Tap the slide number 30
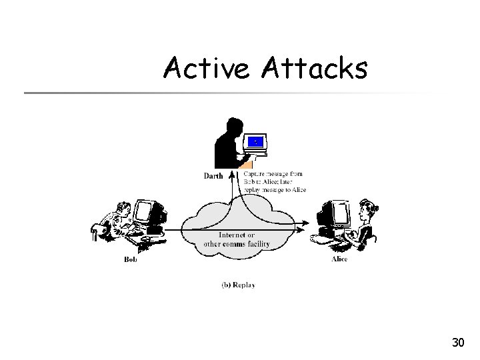point(457,343)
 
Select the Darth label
point(213,177)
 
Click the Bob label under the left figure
point(131,259)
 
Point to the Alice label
point(339,259)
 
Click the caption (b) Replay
point(238,285)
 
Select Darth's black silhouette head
point(233,126)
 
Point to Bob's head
point(121,210)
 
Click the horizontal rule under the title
point(227,92)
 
